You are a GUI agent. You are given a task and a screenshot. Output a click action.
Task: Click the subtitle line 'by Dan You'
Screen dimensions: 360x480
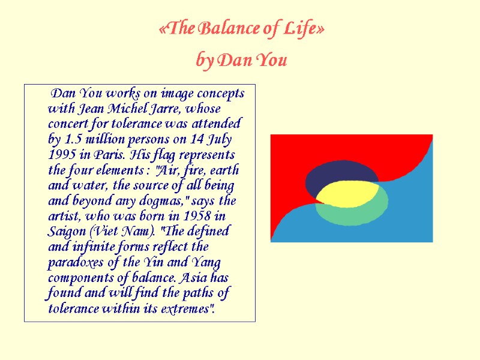click(242, 60)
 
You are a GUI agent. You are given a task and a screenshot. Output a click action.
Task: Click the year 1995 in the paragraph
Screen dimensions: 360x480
click(62, 155)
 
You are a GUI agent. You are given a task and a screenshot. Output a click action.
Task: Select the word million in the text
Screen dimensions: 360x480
click(106, 140)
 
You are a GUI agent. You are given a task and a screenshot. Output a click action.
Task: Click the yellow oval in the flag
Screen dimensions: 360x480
click(346, 193)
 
